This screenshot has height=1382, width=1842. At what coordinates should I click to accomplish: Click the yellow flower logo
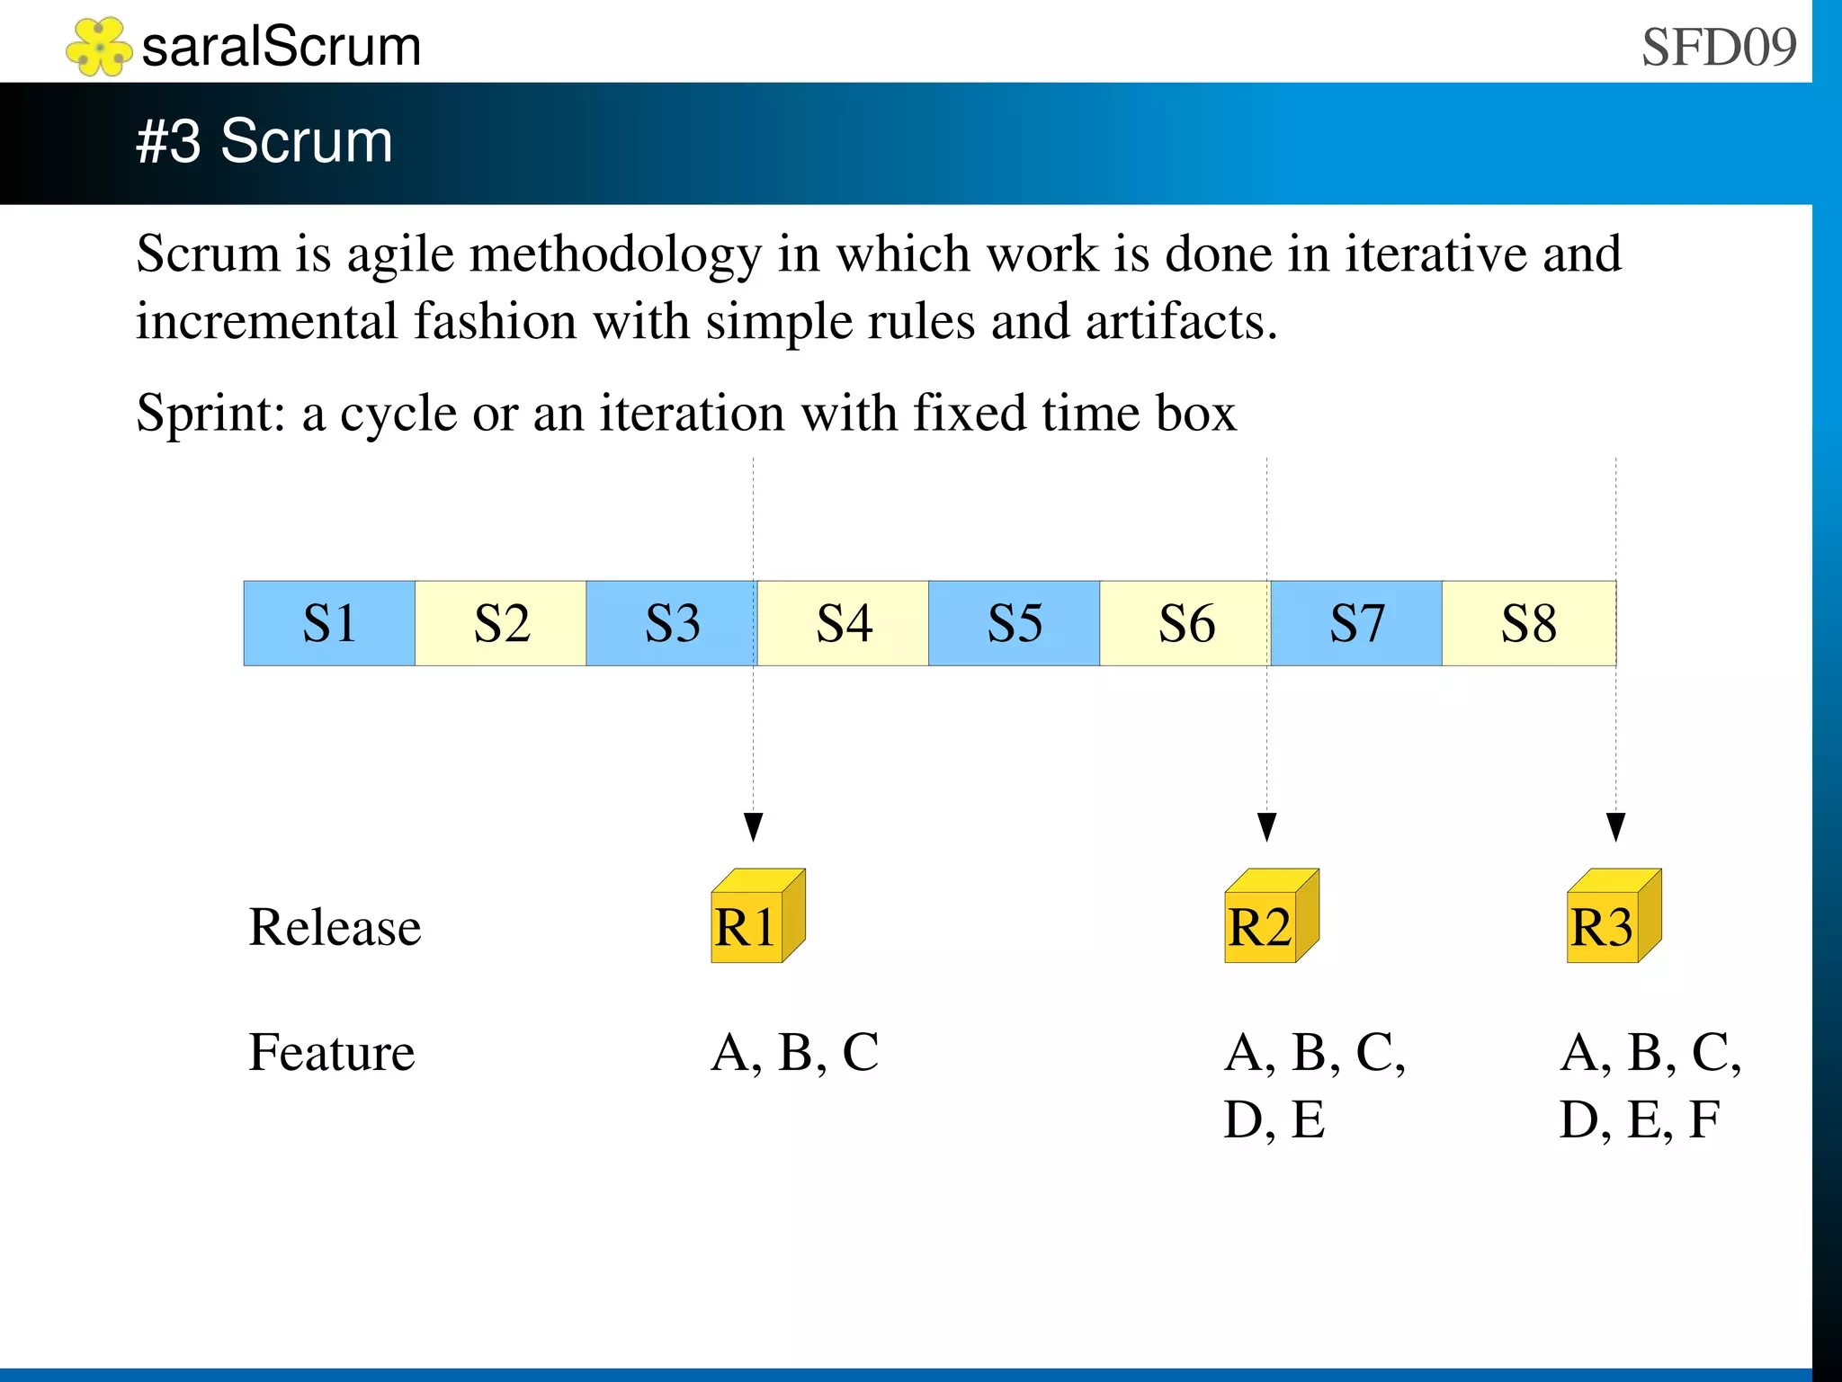tap(99, 47)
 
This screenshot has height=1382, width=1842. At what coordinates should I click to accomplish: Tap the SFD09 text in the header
tap(1718, 47)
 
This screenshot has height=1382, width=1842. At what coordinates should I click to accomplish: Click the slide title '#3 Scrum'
tap(264, 141)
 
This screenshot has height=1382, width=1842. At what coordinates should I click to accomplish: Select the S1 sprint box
tap(329, 623)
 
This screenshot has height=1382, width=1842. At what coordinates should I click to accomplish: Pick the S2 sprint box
tap(501, 623)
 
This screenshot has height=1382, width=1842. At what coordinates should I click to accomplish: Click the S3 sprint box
tap(672, 623)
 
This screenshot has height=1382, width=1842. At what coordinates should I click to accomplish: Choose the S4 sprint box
tap(843, 623)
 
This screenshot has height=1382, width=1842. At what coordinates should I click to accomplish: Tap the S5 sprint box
tap(1015, 623)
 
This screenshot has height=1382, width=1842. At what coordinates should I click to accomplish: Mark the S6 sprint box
tap(1185, 623)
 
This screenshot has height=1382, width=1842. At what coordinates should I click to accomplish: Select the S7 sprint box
tap(1356, 623)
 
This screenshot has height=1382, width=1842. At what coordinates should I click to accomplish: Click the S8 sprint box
tap(1528, 623)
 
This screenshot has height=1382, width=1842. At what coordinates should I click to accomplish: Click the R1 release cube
tap(757, 917)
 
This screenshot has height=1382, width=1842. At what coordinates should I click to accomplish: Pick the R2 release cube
tap(1271, 917)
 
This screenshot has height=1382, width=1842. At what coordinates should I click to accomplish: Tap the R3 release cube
tap(1614, 917)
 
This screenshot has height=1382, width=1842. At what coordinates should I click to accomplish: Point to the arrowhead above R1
tap(754, 826)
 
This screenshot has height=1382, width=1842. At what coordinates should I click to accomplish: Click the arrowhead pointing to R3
tap(1615, 826)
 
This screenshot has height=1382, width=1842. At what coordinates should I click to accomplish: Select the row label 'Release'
tap(335, 927)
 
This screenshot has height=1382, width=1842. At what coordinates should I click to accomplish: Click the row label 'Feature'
tap(331, 1052)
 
